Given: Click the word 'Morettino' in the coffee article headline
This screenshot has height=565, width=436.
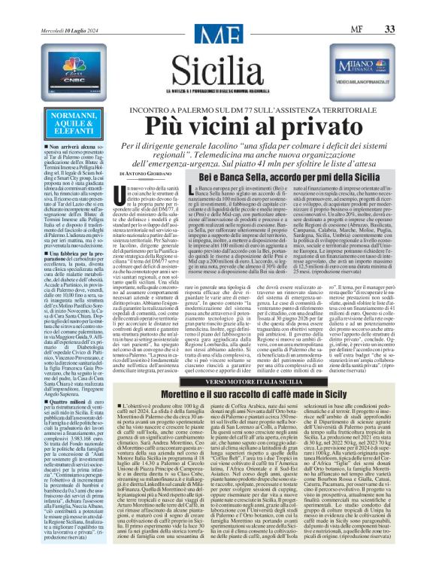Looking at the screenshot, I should tap(163, 416).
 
